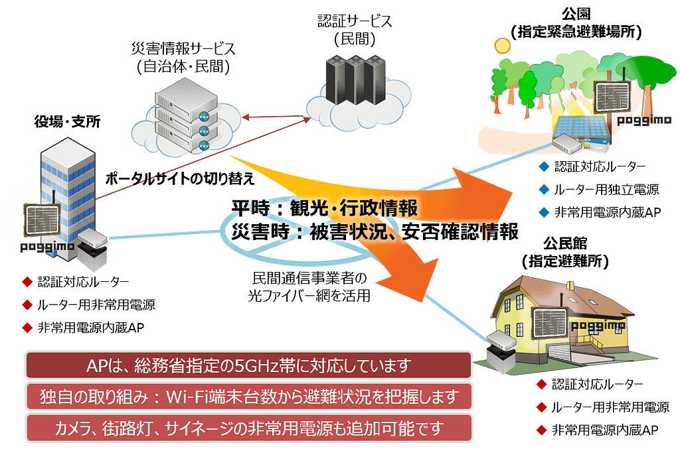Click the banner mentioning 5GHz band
249,365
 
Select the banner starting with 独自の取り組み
249,397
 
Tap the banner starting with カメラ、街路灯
249,428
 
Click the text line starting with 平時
324,208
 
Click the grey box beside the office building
92,251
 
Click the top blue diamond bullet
545,166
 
